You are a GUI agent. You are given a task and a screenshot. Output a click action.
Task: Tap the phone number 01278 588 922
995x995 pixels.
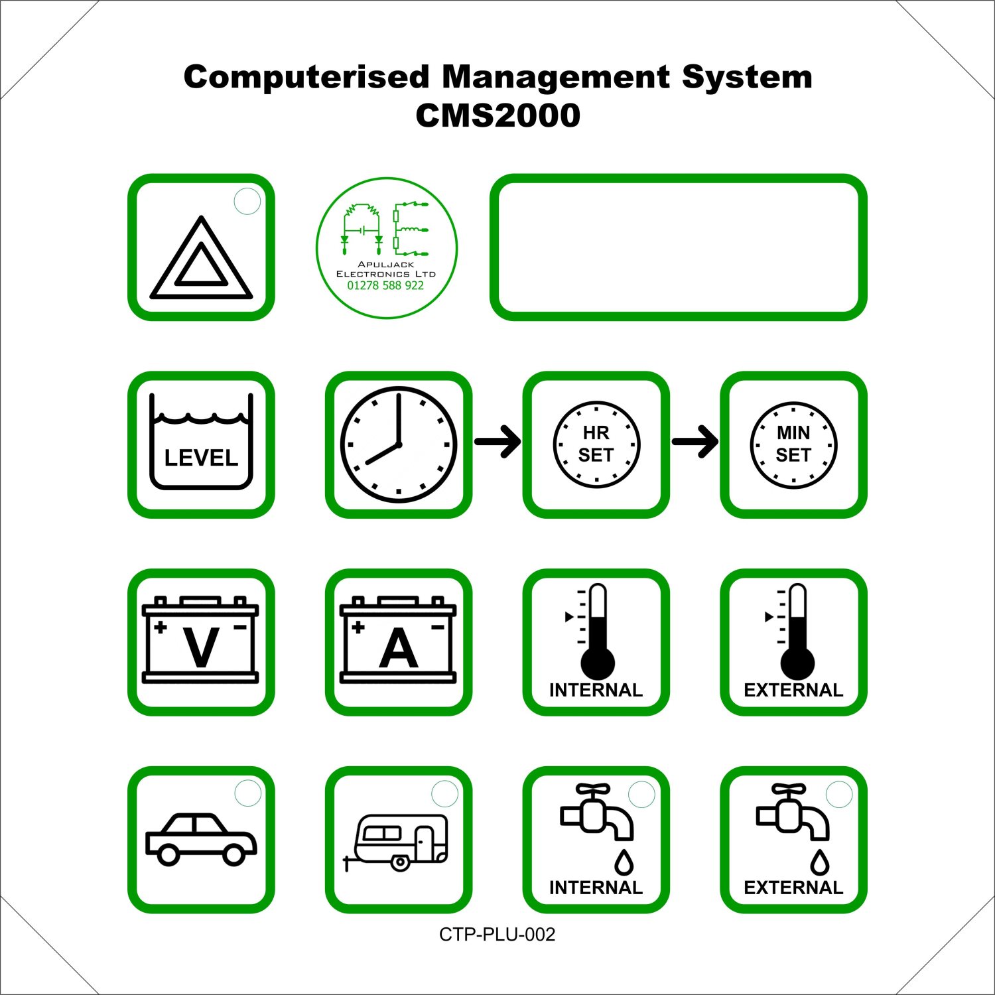click(x=385, y=286)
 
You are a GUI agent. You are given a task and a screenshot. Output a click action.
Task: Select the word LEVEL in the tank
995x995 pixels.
click(x=201, y=458)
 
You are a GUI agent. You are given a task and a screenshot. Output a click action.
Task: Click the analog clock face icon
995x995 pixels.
click(x=399, y=444)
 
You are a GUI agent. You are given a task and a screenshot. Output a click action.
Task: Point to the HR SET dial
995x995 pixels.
click(x=596, y=444)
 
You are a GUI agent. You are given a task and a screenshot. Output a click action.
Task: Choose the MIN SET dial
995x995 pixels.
click(x=793, y=444)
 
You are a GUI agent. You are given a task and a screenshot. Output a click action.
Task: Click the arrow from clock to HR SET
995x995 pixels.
click(x=497, y=442)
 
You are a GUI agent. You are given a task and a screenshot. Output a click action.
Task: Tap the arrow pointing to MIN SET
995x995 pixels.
click(x=695, y=442)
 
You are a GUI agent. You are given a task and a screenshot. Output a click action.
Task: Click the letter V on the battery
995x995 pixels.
click(x=201, y=647)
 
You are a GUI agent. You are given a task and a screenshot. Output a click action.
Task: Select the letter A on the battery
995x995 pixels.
click(x=399, y=647)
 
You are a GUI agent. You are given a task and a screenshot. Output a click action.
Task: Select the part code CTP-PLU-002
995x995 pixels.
click(x=497, y=935)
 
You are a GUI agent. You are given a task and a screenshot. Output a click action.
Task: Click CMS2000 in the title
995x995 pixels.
click(x=498, y=115)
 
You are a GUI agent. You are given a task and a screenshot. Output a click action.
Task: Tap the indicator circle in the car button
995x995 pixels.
click(x=249, y=794)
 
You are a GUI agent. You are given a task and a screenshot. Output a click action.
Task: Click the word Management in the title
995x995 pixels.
click(x=556, y=78)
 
